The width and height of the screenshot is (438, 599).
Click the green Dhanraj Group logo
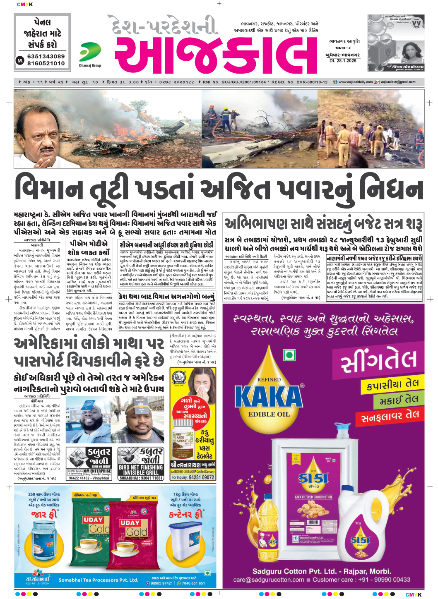(x=90, y=52)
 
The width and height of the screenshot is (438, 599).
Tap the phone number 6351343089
(x=46, y=56)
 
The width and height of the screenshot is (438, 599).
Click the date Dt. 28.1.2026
(x=343, y=60)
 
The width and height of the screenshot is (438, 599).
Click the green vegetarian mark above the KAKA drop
(x=289, y=355)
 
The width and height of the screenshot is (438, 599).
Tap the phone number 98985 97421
(x=161, y=583)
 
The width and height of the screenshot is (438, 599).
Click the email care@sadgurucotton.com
(x=269, y=580)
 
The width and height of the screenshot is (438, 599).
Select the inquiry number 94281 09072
(x=201, y=477)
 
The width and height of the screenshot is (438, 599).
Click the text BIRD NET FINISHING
(x=141, y=467)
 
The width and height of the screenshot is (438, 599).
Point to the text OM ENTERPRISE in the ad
(x=97, y=471)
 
